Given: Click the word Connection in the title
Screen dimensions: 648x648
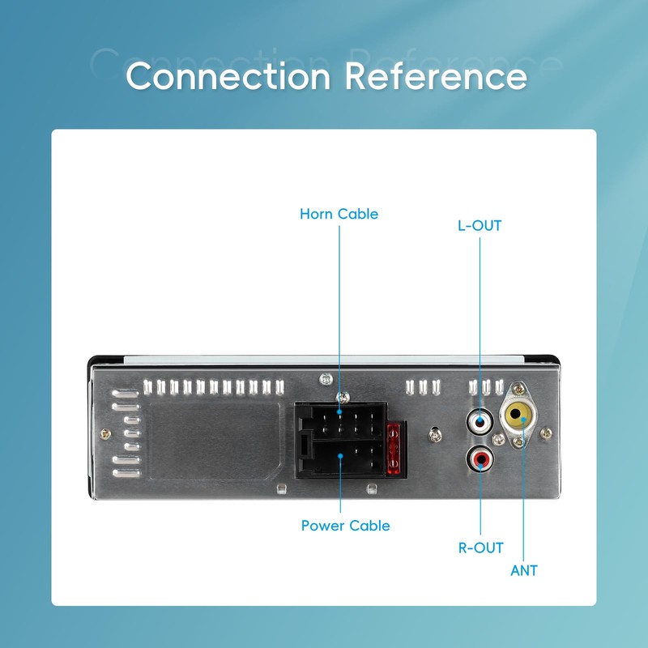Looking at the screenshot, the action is (228, 75).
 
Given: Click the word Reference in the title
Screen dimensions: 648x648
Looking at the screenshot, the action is (436, 75).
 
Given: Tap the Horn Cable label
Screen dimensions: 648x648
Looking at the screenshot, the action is (339, 214).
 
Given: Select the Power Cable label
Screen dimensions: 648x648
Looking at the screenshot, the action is (346, 526).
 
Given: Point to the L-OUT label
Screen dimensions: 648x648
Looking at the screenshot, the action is (480, 226).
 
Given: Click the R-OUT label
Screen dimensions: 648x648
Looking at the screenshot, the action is (480, 548).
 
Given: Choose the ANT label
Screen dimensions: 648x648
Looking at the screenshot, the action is (523, 571).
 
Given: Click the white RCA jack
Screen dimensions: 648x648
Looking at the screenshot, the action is (480, 422).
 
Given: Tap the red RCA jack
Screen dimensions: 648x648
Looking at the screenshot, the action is (480, 458).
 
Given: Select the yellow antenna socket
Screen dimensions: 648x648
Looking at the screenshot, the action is (518, 415).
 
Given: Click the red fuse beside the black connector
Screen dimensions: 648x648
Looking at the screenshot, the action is (394, 449).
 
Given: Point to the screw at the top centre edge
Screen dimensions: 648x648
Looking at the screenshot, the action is (326, 378).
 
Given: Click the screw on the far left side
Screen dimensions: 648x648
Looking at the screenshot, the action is (105, 434).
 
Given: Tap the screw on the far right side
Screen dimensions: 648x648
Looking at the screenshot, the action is (546, 433).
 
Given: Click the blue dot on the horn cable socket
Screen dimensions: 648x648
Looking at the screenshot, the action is (339, 411).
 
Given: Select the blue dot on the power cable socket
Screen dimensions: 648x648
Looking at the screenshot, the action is (340, 456).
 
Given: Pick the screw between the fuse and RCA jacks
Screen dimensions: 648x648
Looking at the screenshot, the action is (435, 435).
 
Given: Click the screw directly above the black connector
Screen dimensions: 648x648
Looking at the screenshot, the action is (343, 398).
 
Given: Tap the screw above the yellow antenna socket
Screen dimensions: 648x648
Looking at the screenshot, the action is (518, 389).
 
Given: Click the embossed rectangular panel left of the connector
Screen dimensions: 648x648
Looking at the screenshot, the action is (215, 441).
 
